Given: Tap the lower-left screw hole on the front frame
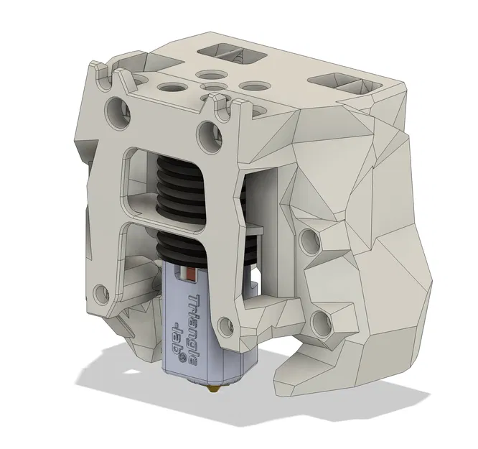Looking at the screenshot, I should point(101,293).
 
